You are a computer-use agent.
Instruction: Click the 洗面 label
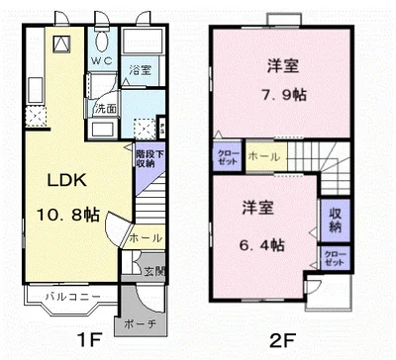click(x=106, y=108)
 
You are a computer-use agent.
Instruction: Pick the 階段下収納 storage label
click(x=144, y=158)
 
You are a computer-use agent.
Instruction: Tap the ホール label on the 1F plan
click(x=144, y=237)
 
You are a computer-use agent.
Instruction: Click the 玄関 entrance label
click(x=155, y=270)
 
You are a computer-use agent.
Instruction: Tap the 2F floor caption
click(x=281, y=345)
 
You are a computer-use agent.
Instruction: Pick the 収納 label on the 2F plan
click(x=332, y=220)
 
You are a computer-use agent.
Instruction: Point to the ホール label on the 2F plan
click(x=263, y=156)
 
